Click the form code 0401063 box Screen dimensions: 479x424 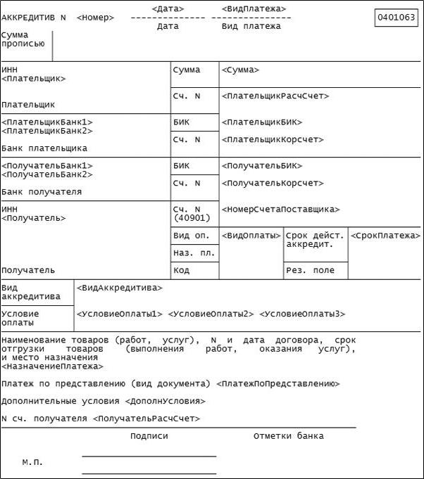397,17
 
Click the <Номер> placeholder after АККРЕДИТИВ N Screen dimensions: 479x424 94,17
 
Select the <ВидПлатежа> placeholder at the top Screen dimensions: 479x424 254,8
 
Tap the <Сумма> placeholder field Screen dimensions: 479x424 240,70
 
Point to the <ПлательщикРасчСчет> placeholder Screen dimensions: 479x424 275,96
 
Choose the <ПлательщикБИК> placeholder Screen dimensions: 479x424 261,122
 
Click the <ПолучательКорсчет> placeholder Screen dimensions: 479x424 272,183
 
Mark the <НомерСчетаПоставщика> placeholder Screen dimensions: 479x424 280,209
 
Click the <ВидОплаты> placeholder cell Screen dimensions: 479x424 251,235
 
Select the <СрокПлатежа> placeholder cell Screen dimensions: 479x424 385,235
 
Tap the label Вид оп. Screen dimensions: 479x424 191,235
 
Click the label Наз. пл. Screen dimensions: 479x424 192,253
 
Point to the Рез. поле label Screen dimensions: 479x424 309,270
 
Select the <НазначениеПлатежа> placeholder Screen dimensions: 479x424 52,366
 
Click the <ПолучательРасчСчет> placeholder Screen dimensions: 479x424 146,419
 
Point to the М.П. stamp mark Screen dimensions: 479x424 32,462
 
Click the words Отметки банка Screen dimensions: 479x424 289,436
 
